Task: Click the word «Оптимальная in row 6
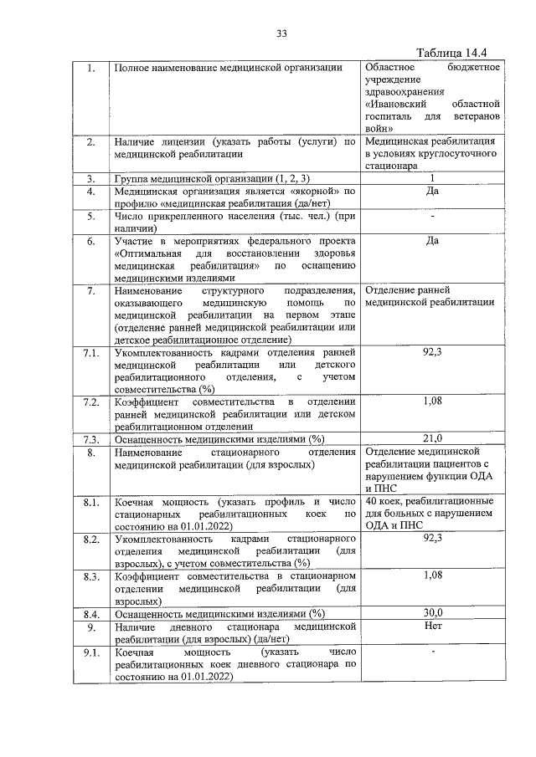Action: click(147, 253)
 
